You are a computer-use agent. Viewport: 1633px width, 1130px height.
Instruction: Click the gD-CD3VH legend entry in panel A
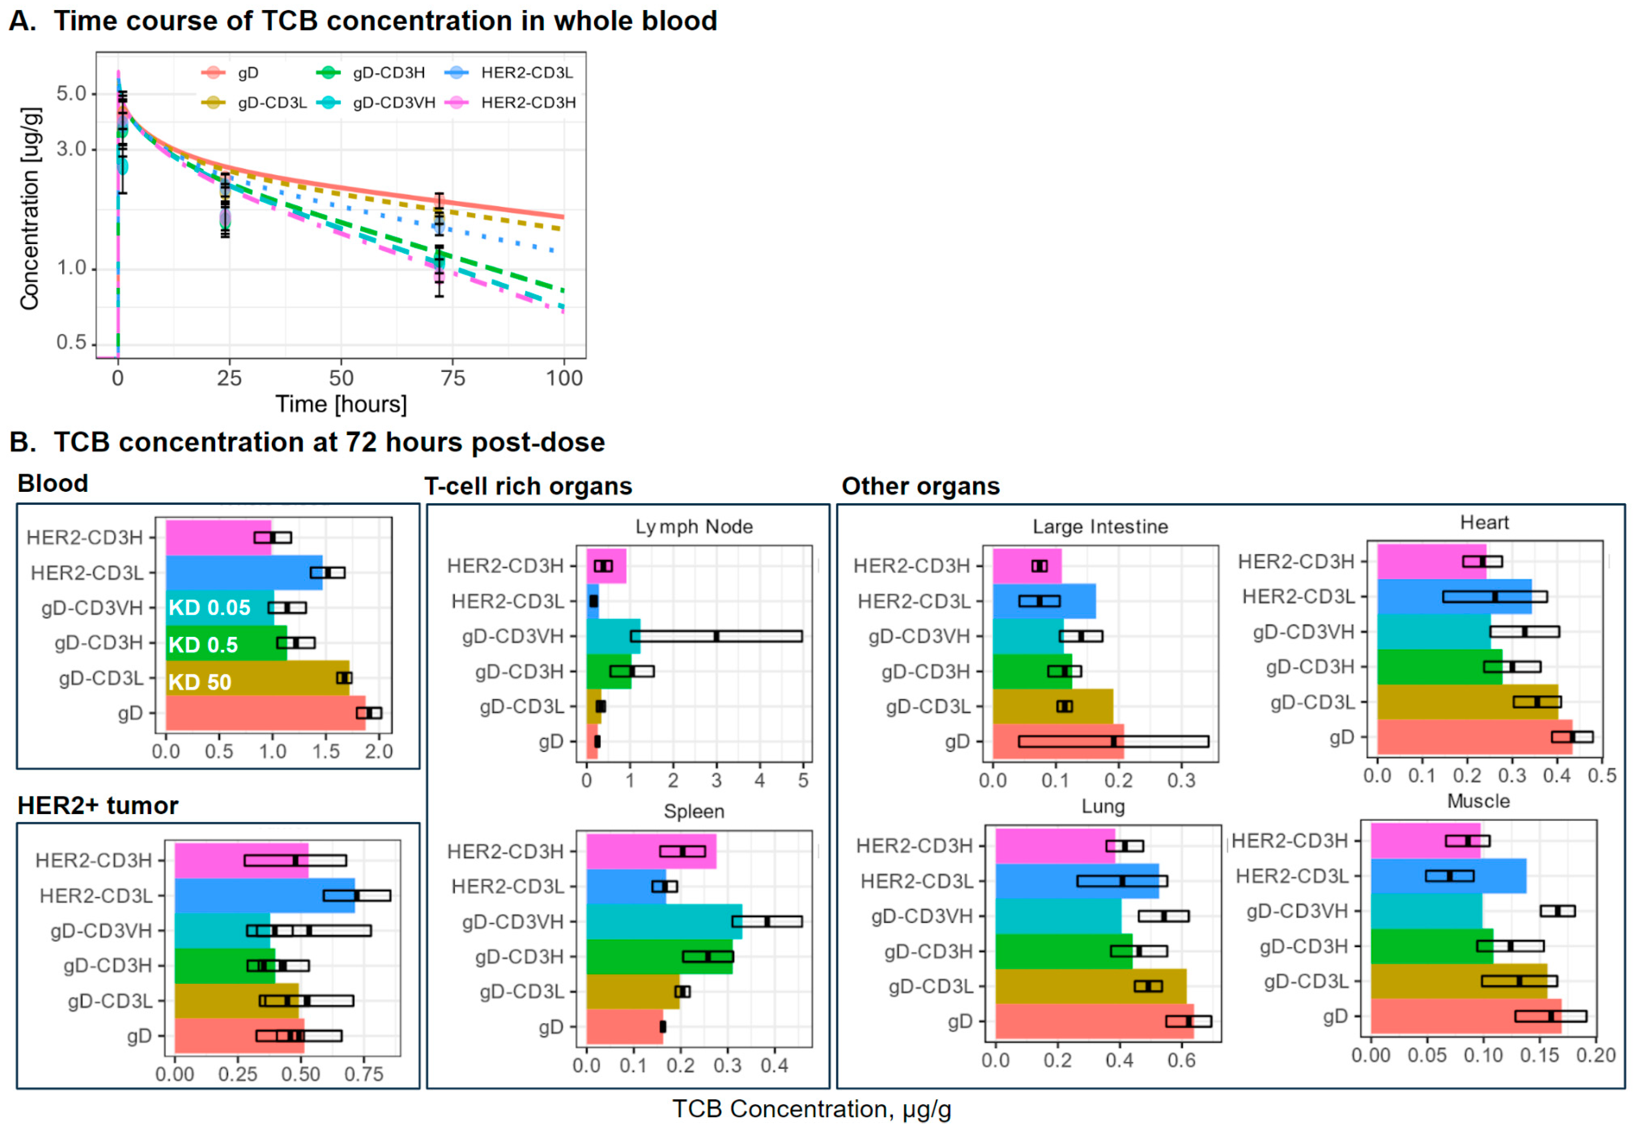click(393, 103)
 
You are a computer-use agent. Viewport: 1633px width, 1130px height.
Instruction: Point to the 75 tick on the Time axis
click(453, 378)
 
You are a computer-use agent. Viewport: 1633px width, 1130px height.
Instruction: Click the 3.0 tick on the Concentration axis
click(71, 149)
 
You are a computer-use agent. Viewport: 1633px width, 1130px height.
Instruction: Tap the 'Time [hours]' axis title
click(341, 404)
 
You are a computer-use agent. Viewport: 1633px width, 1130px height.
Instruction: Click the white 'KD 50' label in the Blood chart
click(200, 682)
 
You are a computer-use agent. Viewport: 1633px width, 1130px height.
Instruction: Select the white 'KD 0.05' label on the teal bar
click(210, 607)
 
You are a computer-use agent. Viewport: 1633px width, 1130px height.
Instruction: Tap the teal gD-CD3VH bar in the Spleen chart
click(659, 921)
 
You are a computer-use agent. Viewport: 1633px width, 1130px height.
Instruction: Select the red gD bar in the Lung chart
click(1077, 1021)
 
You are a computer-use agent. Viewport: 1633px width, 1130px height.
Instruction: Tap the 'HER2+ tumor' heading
click(98, 806)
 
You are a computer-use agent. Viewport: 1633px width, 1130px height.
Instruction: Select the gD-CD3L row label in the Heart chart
click(1311, 702)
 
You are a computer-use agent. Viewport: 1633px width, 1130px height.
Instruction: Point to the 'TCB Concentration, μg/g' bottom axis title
click(811, 1109)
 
